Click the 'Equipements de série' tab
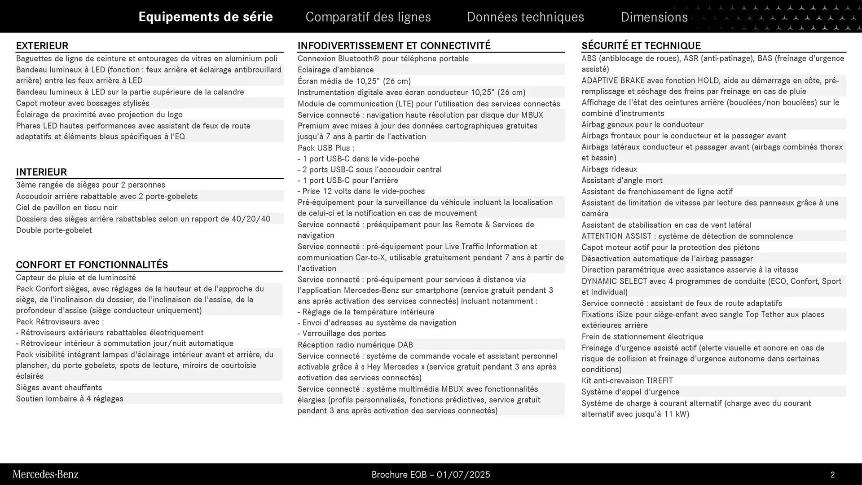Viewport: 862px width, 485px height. click(x=206, y=17)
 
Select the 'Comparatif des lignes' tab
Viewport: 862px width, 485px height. click(x=368, y=17)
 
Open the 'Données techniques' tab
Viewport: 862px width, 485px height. click(x=525, y=17)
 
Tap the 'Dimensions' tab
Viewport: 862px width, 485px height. click(x=654, y=17)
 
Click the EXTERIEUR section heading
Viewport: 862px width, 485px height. click(x=42, y=46)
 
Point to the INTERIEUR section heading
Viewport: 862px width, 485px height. click(x=41, y=172)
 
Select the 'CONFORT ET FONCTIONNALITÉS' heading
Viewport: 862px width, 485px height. click(x=92, y=265)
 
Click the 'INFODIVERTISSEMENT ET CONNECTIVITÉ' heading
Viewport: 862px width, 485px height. click(x=394, y=46)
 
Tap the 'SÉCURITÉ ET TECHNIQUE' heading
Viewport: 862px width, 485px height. click(x=641, y=46)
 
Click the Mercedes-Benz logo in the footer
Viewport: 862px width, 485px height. click(x=45, y=474)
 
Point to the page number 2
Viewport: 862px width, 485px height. click(x=832, y=475)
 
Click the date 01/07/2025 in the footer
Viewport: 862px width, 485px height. click(x=463, y=475)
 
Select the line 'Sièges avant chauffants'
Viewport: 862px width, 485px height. click(x=59, y=388)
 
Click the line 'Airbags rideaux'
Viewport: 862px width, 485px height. click(x=609, y=169)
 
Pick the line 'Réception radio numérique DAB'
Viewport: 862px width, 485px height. click(x=355, y=345)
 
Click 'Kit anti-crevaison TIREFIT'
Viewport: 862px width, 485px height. click(x=627, y=381)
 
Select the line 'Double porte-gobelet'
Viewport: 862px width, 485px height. click(x=54, y=230)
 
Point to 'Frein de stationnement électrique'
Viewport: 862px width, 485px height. click(x=642, y=337)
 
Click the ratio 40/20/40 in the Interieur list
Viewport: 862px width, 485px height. click(x=251, y=219)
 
